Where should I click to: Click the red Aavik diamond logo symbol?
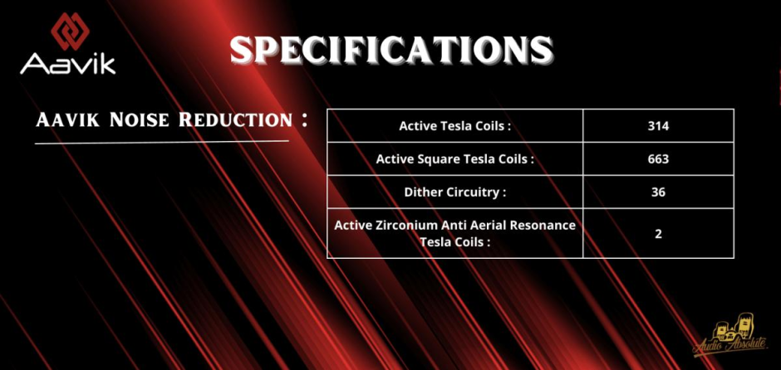click(70, 32)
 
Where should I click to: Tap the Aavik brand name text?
click(68, 64)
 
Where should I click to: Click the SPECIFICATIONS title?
click(391, 51)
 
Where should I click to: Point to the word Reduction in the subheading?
click(235, 119)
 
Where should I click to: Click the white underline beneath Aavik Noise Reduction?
click(162, 143)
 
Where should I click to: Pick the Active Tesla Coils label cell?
click(454, 126)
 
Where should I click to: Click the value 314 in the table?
click(658, 126)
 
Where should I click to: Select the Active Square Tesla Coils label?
click(454, 159)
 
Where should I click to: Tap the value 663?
click(658, 159)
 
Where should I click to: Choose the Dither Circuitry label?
click(454, 192)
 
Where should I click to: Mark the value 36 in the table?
click(658, 192)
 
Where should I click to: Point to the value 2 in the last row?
click(658, 234)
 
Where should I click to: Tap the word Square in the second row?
click(432, 159)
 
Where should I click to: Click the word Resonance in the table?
click(546, 226)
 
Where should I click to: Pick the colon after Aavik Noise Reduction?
click(304, 119)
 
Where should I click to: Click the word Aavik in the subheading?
click(68, 119)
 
